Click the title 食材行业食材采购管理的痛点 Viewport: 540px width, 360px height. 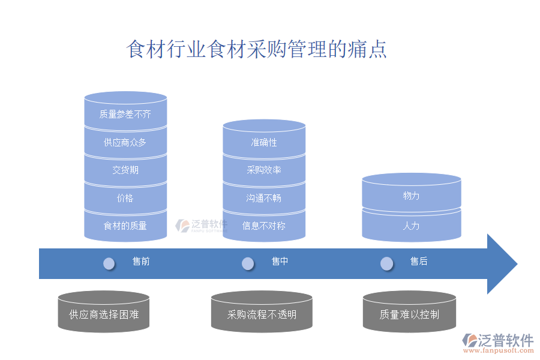(x=257, y=49)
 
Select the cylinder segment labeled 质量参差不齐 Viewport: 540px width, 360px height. (x=125, y=114)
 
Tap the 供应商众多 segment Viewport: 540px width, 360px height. (x=125, y=143)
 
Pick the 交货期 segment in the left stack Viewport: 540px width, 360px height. (x=125, y=170)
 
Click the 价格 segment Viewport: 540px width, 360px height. (x=125, y=198)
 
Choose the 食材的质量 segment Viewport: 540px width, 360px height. (x=125, y=226)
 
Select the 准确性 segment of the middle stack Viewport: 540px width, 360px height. (x=264, y=143)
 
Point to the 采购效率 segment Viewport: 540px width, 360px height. (x=264, y=170)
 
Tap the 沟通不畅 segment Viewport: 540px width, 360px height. (x=264, y=198)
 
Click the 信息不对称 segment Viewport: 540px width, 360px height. (x=264, y=226)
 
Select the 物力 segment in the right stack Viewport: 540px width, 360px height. (x=412, y=196)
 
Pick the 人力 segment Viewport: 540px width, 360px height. (x=412, y=226)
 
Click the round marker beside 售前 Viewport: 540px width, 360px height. (x=109, y=263)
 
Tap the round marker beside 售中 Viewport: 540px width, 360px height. (x=248, y=263)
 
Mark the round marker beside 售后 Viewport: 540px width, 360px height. (x=387, y=263)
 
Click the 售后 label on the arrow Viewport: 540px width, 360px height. (x=419, y=262)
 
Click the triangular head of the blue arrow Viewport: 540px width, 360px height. (x=500, y=264)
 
